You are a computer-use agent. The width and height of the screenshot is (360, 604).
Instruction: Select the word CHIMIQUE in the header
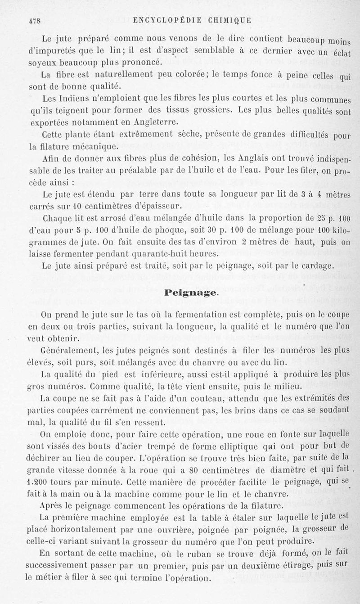pyautogui.click(x=229, y=20)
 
